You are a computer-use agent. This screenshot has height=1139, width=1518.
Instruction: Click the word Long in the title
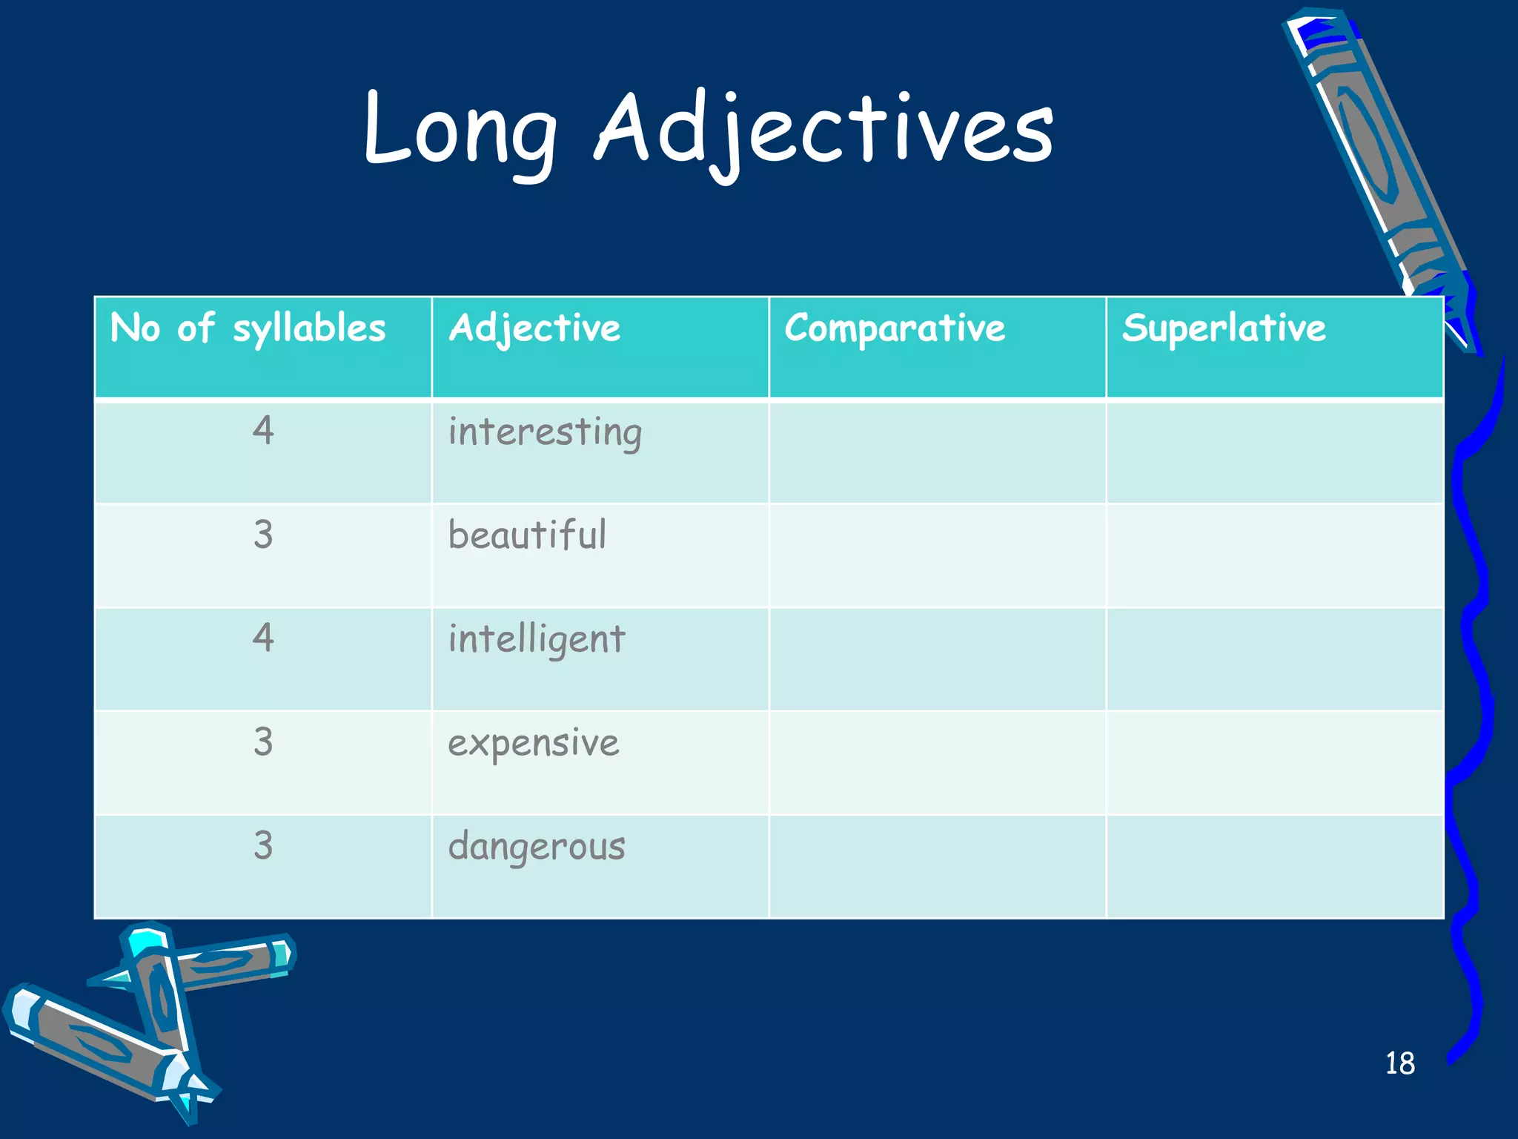460,130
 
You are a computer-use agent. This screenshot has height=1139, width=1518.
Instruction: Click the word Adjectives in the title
823,130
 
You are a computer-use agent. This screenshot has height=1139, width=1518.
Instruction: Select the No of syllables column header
248,329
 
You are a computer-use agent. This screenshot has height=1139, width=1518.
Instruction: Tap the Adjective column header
534,329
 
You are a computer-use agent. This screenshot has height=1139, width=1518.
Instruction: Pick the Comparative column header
895,329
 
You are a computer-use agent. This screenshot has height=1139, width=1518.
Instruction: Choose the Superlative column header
1224,329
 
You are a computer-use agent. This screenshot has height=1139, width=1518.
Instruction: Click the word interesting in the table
545,432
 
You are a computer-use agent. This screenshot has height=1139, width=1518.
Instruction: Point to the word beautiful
527,535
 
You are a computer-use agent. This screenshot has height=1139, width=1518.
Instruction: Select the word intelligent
537,639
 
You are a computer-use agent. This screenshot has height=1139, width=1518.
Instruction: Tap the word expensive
533,743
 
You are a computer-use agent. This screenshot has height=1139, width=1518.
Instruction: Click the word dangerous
537,847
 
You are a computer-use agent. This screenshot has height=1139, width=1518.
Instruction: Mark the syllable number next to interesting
263,431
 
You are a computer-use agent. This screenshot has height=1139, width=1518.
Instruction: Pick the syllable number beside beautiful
263,535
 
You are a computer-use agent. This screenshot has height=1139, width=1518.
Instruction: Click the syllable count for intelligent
263,638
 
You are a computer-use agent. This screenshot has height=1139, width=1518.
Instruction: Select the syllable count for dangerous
263,845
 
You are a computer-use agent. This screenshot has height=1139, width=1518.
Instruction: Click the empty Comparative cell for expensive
937,762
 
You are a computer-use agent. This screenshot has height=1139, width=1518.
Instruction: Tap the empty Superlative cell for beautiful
1274,555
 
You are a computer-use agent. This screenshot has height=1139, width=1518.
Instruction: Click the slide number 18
1399,1063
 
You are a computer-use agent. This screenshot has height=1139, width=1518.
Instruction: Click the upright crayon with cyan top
159,994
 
